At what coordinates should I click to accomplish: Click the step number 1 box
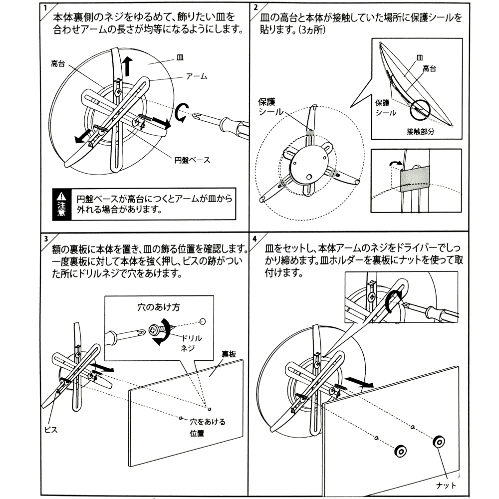pos(45,8)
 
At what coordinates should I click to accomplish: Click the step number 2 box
pos(255,8)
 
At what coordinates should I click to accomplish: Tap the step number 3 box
pos(45,238)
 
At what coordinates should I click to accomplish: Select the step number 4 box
pos(255,238)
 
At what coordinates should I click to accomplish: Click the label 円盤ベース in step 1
pos(192,160)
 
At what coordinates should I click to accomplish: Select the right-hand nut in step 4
pos(439,442)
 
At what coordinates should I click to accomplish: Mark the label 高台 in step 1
pos(58,63)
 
